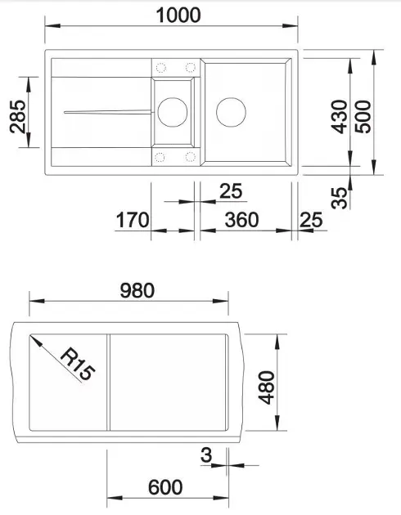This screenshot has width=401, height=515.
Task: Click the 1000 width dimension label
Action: [178, 15]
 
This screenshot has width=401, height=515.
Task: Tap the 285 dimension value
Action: [18, 116]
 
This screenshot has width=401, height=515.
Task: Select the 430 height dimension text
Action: [339, 117]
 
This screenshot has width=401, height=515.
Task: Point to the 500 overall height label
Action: [363, 117]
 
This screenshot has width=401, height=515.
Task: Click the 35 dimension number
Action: [339, 198]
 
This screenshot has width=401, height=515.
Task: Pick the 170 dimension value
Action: [133, 220]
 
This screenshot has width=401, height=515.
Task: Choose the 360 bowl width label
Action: [241, 220]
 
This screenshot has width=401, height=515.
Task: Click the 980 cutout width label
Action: [137, 290]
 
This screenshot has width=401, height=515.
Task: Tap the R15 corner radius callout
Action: [78, 365]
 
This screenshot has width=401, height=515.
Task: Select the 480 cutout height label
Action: [266, 387]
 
